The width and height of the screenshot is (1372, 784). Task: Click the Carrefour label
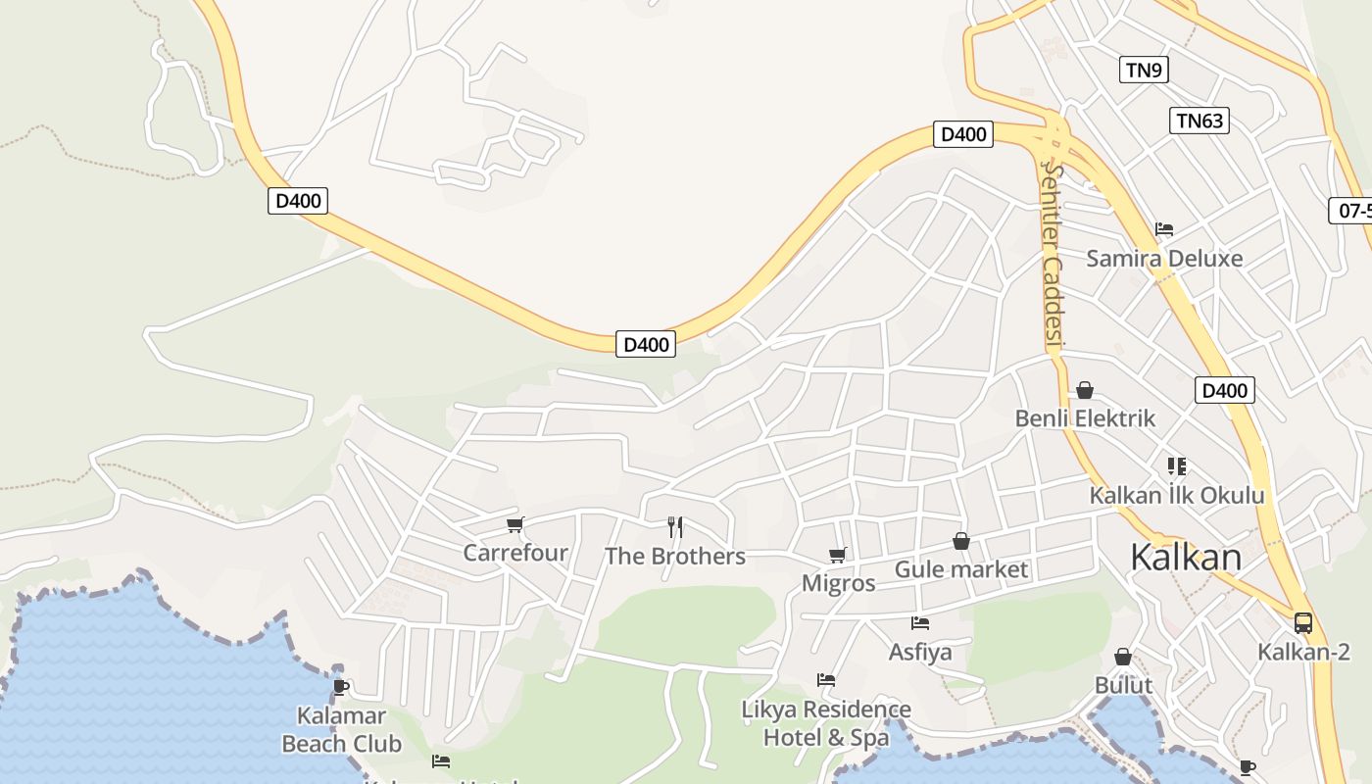pos(514,553)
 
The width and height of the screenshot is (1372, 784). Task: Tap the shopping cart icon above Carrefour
pos(515,524)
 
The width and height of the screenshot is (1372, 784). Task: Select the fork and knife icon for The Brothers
pos(674,527)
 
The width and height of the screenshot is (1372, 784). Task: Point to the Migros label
pos(838,583)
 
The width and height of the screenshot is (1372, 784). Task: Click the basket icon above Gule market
pos(961,541)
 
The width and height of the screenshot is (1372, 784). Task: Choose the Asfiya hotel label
pos(919,652)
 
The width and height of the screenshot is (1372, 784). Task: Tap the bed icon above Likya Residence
pos(826,679)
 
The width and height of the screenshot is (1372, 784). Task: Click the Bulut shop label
pos(1123,685)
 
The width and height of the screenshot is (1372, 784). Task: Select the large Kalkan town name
pos(1185,558)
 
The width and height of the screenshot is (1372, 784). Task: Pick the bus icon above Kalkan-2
pos(1303,622)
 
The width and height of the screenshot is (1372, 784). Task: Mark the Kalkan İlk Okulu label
pos(1177,495)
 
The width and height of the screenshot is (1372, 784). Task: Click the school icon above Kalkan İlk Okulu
pos(1177,466)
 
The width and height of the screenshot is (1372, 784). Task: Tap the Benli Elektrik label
pos(1085,418)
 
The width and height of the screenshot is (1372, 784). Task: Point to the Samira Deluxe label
pos(1163,259)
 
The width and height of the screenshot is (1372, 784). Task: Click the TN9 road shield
pos(1144,70)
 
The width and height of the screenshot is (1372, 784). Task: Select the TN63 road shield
pos(1199,121)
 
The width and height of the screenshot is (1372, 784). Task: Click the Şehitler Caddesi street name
pos(1052,255)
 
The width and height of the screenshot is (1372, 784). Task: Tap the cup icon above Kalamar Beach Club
pos(341,687)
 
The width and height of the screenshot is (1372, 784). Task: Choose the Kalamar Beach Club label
pos(341,730)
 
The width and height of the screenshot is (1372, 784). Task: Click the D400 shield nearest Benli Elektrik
pos(1225,391)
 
